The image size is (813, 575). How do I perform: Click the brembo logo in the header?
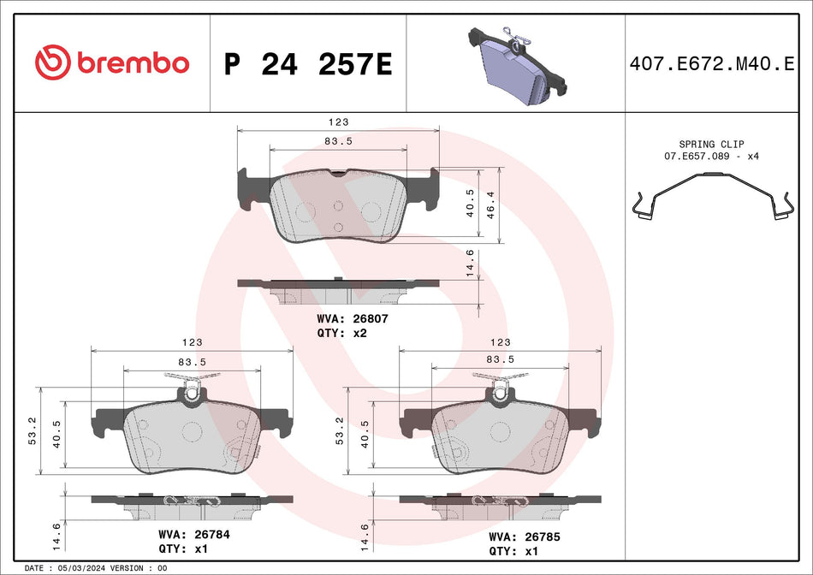pyautogui.click(x=111, y=62)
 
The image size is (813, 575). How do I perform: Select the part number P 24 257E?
pyautogui.click(x=307, y=64)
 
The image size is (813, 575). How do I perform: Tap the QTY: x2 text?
pyautogui.click(x=341, y=332)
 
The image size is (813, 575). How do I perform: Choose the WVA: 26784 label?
pyautogui.click(x=193, y=534)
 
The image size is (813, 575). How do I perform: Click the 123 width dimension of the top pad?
pyautogui.click(x=338, y=123)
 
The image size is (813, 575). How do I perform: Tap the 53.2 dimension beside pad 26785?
pyautogui.click(x=340, y=432)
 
